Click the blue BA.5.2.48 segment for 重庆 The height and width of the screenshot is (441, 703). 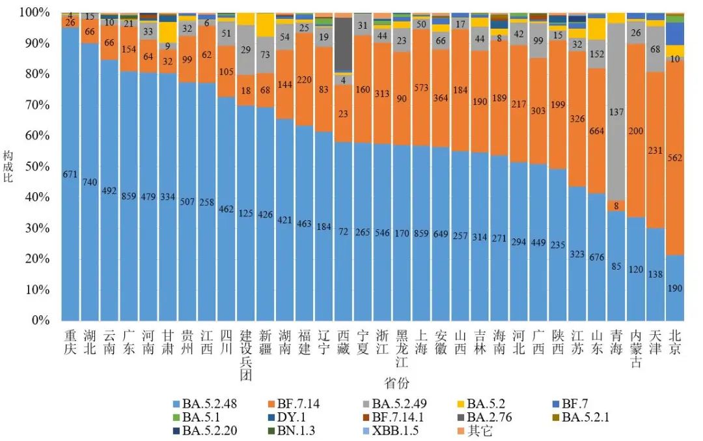[70, 174]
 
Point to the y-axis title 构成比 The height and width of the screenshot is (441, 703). [8, 166]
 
